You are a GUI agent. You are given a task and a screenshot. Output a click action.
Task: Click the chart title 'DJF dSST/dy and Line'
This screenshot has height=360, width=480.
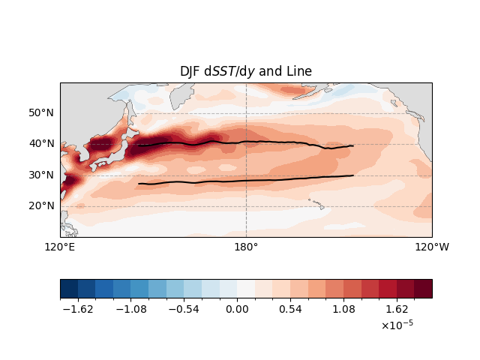click(x=246, y=71)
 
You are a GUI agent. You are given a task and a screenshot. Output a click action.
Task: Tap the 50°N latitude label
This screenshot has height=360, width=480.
click(x=41, y=112)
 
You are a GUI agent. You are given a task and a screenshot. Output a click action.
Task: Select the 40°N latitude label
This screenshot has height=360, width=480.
click(x=41, y=143)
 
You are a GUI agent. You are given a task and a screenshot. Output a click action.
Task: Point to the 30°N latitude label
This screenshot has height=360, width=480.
click(x=41, y=175)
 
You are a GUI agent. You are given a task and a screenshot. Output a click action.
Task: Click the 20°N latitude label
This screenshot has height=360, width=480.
click(x=41, y=205)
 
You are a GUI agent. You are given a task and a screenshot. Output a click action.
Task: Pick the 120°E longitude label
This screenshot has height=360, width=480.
click(x=60, y=247)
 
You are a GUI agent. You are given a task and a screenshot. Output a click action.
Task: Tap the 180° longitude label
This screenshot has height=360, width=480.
click(x=246, y=247)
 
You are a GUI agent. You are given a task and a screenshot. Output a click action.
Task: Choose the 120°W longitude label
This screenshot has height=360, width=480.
click(x=432, y=247)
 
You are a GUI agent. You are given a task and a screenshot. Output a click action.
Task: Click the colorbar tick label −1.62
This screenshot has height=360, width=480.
click(x=78, y=309)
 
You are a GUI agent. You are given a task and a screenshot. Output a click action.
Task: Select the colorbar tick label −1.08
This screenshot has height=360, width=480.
click(x=131, y=309)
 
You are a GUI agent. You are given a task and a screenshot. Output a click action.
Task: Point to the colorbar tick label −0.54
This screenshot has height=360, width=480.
click(x=184, y=309)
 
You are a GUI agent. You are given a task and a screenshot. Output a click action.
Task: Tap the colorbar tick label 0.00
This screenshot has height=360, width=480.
click(x=237, y=309)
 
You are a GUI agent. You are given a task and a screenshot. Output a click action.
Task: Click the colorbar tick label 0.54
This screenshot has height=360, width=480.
click(x=290, y=309)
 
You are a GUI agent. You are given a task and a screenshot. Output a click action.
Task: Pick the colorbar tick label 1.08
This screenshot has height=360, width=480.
click(x=343, y=309)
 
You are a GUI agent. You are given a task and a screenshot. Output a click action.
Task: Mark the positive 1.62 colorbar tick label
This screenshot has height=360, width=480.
click(x=397, y=309)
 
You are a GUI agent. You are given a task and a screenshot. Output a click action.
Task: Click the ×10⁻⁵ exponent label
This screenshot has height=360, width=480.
click(x=397, y=325)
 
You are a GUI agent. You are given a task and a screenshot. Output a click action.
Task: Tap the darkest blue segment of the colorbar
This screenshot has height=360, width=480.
click(x=69, y=288)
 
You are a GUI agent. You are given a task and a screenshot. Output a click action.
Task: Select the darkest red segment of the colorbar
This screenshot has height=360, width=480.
click(x=423, y=288)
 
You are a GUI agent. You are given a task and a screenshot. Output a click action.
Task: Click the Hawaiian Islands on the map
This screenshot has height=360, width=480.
click(x=317, y=204)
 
